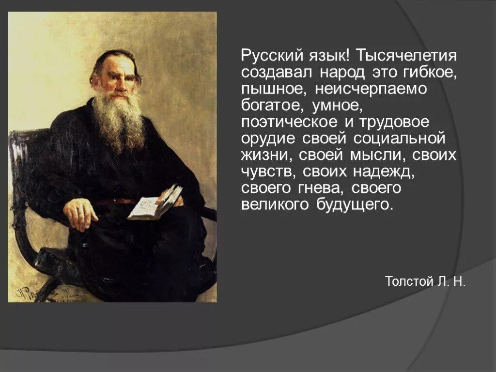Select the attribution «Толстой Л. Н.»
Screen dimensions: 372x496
coord(425,282)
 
